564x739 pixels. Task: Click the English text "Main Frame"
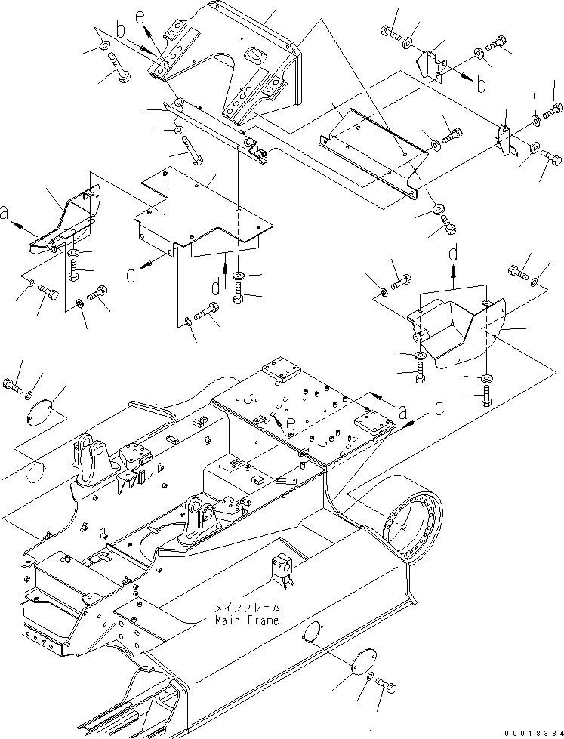pos(246,620)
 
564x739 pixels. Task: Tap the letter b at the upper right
pos(481,85)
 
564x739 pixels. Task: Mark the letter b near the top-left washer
pos(121,31)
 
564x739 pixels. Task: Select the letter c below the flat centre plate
pos(131,275)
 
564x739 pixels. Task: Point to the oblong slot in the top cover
pos(257,54)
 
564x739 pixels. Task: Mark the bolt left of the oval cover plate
pos(13,384)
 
